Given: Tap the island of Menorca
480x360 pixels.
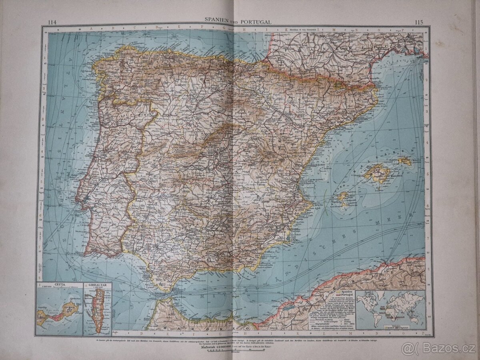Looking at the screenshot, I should pos(404,161).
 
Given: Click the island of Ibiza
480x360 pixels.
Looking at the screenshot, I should pos(343,197).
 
